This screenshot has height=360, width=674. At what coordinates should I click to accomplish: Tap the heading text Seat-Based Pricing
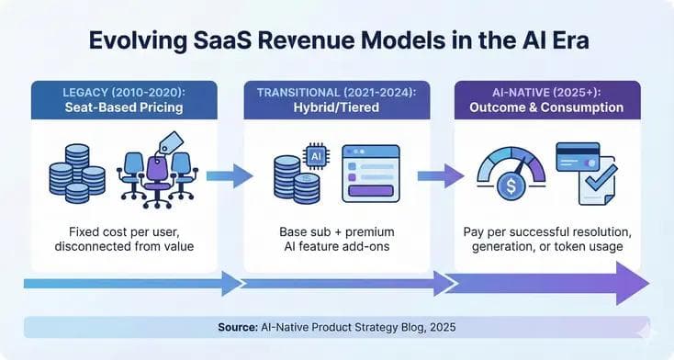click(x=125, y=107)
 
